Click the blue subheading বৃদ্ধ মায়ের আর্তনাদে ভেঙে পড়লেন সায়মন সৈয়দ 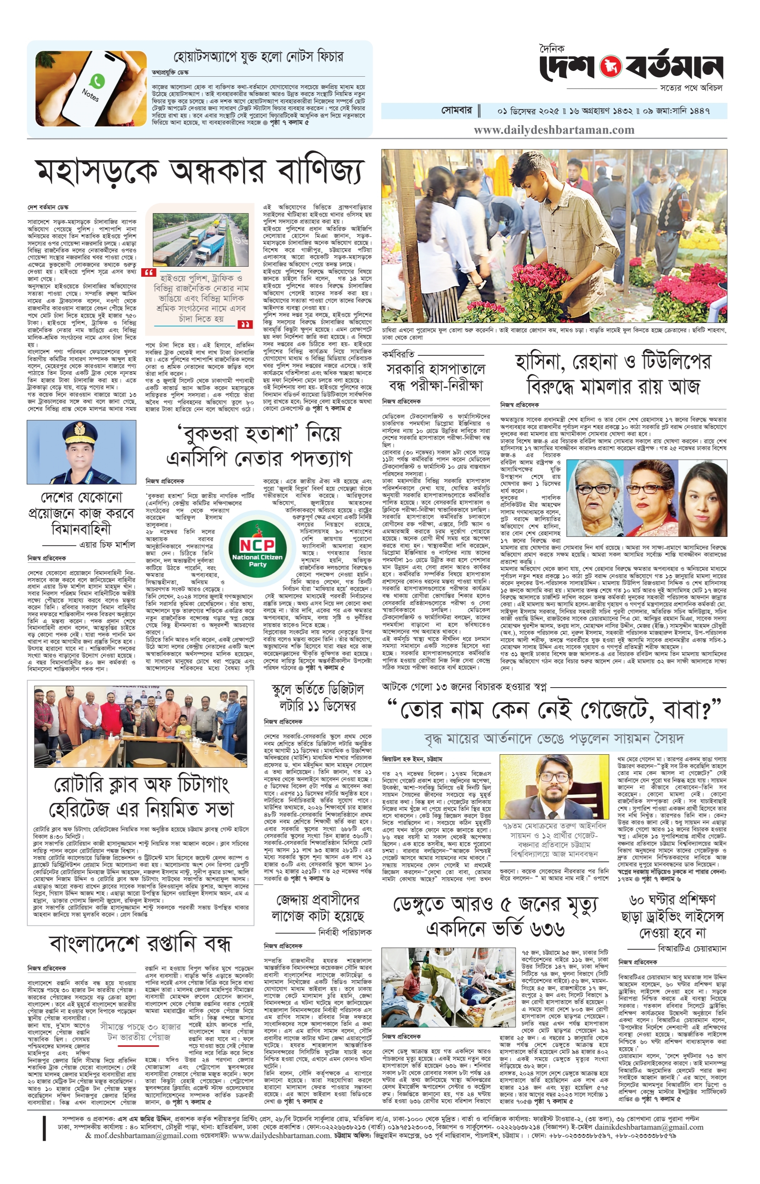(554, 738)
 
